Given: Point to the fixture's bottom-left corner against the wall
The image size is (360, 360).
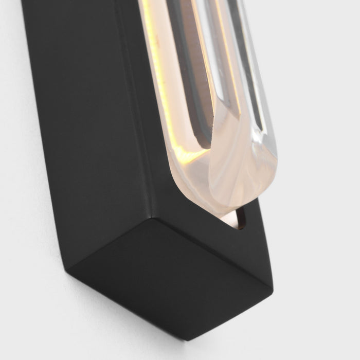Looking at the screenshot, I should point(69,267).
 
